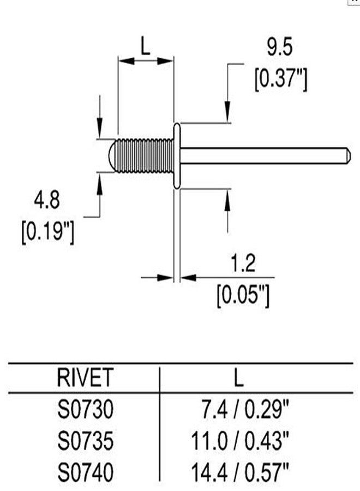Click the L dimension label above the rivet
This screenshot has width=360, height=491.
click(x=145, y=46)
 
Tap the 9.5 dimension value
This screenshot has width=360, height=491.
click(x=280, y=47)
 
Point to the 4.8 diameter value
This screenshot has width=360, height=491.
click(x=47, y=200)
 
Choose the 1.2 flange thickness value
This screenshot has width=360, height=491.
click(x=243, y=263)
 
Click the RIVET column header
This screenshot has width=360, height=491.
click(x=85, y=378)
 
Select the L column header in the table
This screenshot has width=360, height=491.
click(x=238, y=378)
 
